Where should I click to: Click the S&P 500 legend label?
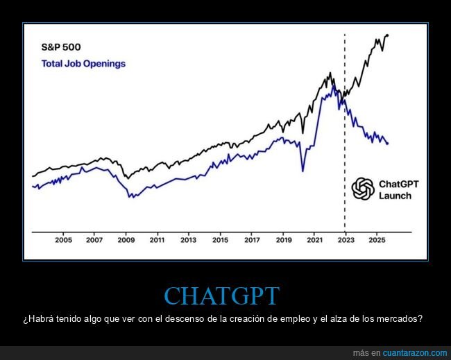click(60, 48)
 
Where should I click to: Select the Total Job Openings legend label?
click(83, 64)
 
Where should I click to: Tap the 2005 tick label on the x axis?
click(63, 240)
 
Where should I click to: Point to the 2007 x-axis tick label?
click(94, 240)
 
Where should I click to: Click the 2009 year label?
click(126, 240)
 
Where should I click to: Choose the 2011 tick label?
click(157, 240)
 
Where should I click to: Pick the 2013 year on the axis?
click(189, 240)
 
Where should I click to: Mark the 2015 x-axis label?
click(220, 240)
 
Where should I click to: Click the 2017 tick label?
click(252, 240)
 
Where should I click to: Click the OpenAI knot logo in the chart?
click(362, 189)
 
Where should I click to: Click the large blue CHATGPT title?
click(221, 295)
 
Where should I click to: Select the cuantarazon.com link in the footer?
click(409, 353)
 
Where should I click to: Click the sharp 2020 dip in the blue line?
click(303, 170)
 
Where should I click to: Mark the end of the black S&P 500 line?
click(387, 35)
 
